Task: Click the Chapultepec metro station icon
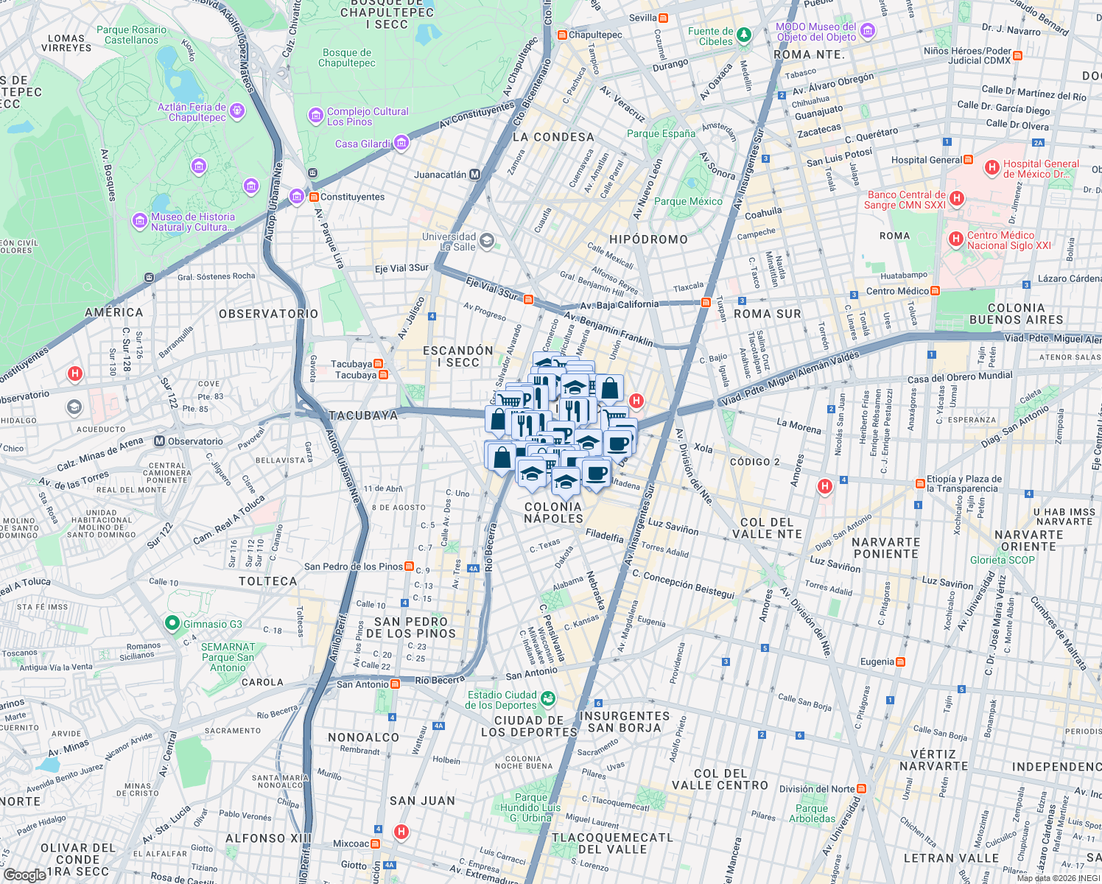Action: pyautogui.click(x=562, y=35)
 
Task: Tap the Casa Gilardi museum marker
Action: pyautogui.click(x=401, y=143)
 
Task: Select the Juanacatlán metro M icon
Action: pyautogui.click(x=474, y=175)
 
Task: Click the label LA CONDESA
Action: pyautogui.click(x=553, y=137)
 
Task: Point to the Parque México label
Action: pyautogui.click(x=688, y=201)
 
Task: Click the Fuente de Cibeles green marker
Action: pyautogui.click(x=744, y=35)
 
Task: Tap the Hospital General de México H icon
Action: pyautogui.click(x=992, y=169)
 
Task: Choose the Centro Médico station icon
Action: pyautogui.click(x=935, y=291)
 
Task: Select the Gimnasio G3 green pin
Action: pyautogui.click(x=172, y=623)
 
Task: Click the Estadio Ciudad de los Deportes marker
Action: pyautogui.click(x=547, y=698)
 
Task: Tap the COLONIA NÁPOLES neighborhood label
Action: pyautogui.click(x=553, y=512)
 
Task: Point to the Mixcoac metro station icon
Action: pyautogui.click(x=376, y=843)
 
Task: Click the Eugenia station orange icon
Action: pyautogui.click(x=900, y=662)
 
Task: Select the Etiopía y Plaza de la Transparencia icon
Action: pyautogui.click(x=920, y=483)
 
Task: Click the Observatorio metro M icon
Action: pyautogui.click(x=159, y=441)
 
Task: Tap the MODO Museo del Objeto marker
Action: pyautogui.click(x=867, y=31)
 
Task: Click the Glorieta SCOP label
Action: pyautogui.click(x=1002, y=560)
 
